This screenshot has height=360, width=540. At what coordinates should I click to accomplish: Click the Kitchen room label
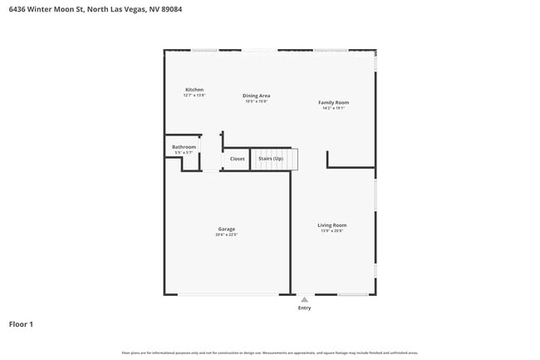[x=194, y=90]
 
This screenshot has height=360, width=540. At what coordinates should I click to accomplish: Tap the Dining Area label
[x=256, y=96]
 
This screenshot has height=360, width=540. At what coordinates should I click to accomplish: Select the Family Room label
[x=333, y=102]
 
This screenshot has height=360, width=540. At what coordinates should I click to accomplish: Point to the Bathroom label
[x=184, y=147]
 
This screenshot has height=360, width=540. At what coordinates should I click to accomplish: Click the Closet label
[x=238, y=158]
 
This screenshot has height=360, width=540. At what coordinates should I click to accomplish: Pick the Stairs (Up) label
[x=271, y=158]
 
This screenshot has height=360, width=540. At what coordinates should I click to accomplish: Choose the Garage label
[x=226, y=229]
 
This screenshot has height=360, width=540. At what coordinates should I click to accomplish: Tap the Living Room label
[x=331, y=224]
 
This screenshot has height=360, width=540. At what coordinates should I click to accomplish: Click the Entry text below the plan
[x=304, y=308]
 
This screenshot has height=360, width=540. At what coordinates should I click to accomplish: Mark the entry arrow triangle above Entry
[x=304, y=299]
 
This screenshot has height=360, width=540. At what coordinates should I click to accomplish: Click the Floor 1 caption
[x=21, y=324]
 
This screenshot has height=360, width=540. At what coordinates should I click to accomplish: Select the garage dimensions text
[x=226, y=235]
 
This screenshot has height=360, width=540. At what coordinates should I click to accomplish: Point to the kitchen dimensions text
[x=194, y=96]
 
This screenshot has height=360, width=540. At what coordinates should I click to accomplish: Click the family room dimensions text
[x=333, y=108]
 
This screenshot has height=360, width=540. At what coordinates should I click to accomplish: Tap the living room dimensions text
[x=331, y=231]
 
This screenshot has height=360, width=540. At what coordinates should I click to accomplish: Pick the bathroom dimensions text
[x=184, y=153]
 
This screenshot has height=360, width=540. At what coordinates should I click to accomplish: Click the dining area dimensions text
[x=256, y=101]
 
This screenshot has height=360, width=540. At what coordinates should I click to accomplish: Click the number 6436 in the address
[x=17, y=9]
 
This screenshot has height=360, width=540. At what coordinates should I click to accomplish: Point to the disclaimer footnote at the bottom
[x=270, y=353]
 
